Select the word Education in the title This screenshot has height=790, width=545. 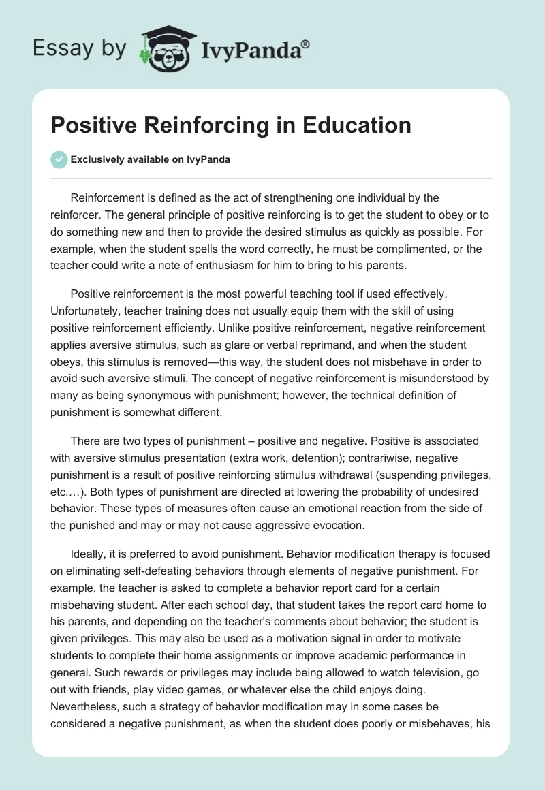354,125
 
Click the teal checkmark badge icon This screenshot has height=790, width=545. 59,159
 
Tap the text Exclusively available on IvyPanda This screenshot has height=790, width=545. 151,160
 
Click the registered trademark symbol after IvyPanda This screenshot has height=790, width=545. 307,44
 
